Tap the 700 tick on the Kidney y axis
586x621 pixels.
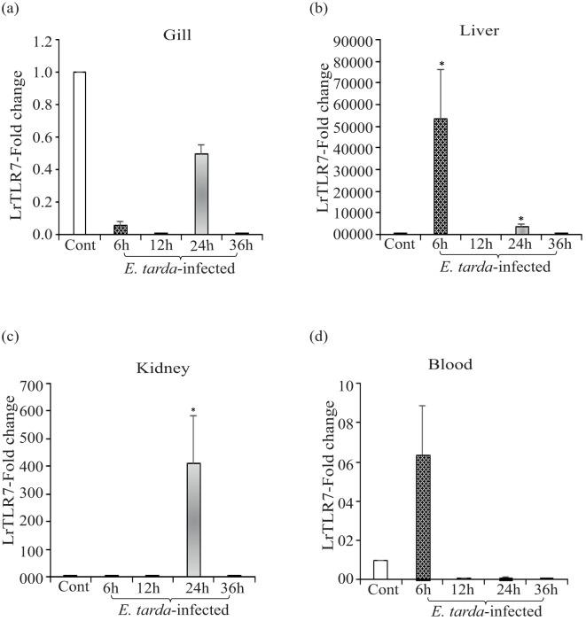tap(37, 384)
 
